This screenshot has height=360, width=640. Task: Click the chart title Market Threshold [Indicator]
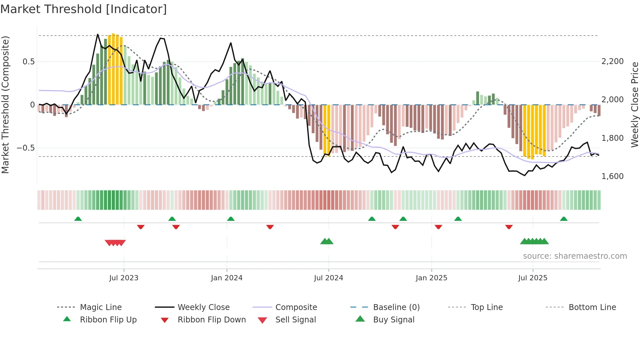84,9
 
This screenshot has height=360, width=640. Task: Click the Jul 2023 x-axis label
124,278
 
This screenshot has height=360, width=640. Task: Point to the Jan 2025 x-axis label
431,278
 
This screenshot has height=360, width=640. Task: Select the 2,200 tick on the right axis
612,61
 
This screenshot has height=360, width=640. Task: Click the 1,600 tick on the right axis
612,176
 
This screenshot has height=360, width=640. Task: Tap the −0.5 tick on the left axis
25,148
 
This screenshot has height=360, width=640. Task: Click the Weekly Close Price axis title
634,105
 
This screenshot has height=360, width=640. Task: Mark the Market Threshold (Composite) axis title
5,105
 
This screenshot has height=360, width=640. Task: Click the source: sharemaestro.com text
575,256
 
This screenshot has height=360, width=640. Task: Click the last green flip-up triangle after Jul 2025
564,219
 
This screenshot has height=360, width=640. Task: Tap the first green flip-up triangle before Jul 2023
78,219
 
